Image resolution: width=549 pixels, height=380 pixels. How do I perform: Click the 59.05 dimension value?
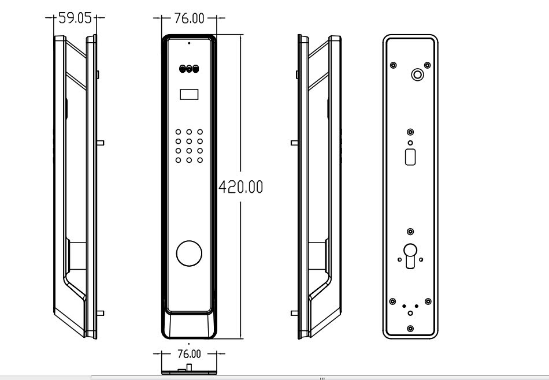tap(75, 18)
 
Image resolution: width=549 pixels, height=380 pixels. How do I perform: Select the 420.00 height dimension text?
tap(240, 187)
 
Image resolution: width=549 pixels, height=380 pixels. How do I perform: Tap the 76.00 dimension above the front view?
tap(189, 18)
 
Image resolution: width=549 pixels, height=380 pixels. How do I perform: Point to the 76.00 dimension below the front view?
tap(189, 354)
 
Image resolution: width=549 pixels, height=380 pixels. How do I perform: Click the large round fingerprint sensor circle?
tap(189, 254)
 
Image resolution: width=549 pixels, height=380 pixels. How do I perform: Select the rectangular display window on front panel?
tap(189, 95)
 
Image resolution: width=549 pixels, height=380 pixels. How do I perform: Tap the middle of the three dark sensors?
tap(189, 69)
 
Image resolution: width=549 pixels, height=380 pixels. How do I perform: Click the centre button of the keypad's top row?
tap(189, 132)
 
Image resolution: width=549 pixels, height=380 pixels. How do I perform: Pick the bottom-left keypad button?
tap(178, 160)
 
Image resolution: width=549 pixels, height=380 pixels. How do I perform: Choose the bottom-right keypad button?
tap(200, 160)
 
